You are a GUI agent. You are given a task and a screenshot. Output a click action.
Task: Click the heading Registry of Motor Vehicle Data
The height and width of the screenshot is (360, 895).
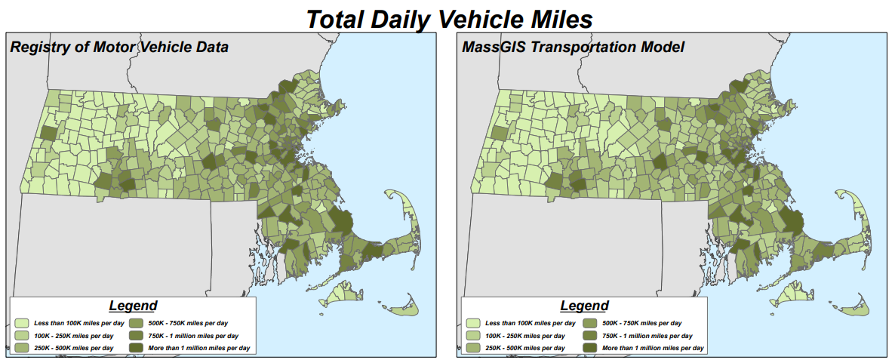[118, 48]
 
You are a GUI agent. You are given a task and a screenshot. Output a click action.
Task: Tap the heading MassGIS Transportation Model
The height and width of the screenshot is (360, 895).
[573, 48]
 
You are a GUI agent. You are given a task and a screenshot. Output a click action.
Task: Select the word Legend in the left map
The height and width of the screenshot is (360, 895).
[133, 306]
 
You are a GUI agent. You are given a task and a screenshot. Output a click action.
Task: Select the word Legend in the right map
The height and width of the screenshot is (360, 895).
[584, 306]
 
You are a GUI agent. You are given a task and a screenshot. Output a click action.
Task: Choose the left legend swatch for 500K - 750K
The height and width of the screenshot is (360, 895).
[140, 323]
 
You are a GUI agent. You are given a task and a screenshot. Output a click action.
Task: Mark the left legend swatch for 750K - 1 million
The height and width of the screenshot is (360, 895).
[140, 335]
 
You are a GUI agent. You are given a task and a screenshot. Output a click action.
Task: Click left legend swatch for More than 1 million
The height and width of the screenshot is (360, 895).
[140, 347]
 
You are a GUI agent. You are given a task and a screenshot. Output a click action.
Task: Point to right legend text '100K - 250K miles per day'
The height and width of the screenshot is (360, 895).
[525, 335]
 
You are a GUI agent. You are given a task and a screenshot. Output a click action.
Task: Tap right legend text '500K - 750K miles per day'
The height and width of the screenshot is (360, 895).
[641, 323]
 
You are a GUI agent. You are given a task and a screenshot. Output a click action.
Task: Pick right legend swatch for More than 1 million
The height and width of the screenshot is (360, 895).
[591, 347]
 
